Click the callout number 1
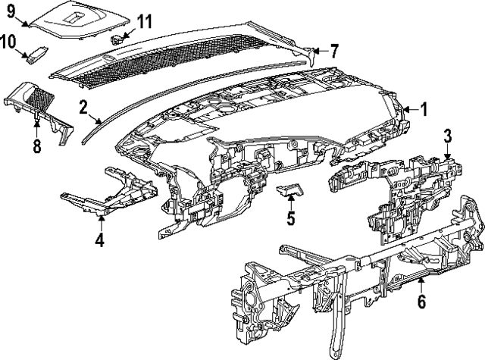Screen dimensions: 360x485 (x=424, y=110)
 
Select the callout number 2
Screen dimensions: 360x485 (x=83, y=107)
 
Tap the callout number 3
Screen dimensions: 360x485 (x=448, y=136)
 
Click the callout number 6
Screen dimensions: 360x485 (x=421, y=301)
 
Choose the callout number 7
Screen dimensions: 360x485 (x=333, y=51)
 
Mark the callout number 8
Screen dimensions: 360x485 (x=36, y=144)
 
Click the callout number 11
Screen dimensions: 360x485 (x=143, y=20)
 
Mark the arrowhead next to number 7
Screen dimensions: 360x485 (x=316, y=51)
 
